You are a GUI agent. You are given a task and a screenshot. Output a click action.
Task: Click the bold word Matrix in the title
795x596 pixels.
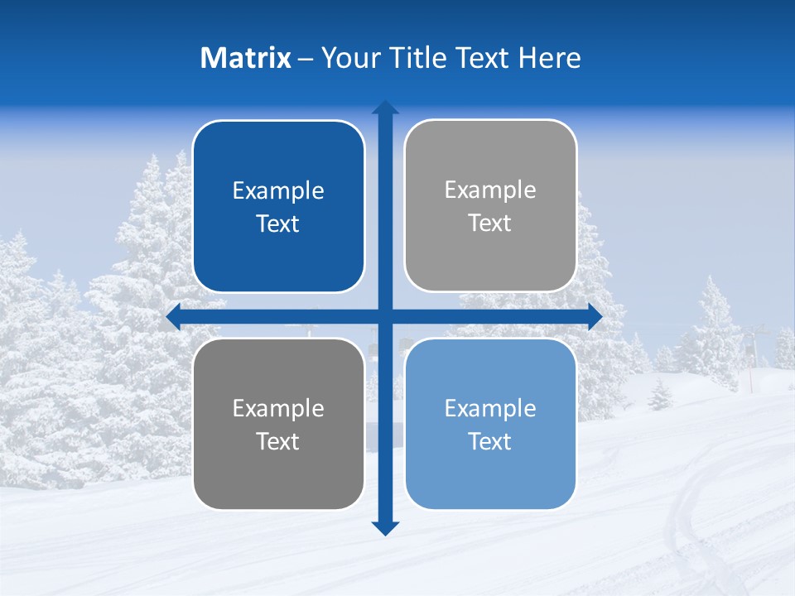[246, 58]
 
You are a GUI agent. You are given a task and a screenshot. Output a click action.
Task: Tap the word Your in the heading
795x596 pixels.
[349, 58]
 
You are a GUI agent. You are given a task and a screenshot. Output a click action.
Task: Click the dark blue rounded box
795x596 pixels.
[278, 206]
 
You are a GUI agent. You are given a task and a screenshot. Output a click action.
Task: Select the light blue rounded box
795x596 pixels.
[490, 424]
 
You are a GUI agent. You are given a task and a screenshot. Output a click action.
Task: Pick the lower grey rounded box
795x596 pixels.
[278, 424]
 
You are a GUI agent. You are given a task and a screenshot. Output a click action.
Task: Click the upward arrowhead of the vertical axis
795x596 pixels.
[385, 108]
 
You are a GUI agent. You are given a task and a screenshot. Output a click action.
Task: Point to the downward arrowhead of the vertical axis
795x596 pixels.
[385, 528]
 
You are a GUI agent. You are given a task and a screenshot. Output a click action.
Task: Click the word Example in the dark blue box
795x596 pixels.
[278, 191]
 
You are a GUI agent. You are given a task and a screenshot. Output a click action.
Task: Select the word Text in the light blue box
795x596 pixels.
[490, 441]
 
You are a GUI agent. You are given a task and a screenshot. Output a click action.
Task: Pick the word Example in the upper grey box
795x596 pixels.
[490, 190]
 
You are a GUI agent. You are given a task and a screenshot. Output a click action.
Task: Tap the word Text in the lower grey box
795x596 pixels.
[278, 441]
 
